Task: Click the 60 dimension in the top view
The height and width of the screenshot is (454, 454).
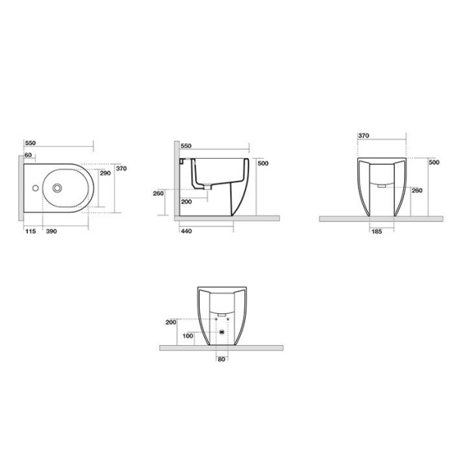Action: coord(29,155)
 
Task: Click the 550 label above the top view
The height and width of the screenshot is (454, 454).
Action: coord(31,142)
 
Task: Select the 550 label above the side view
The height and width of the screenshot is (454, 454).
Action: coord(186,145)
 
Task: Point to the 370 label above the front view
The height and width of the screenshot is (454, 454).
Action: coord(363,135)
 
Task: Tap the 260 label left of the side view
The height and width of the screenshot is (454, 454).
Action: coord(159,194)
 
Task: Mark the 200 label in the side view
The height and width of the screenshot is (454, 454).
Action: coord(187,201)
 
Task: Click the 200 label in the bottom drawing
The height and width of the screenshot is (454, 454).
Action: coord(169,322)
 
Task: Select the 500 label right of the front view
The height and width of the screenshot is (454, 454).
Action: coord(434,162)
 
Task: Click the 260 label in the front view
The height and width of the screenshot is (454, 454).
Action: coord(416,191)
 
